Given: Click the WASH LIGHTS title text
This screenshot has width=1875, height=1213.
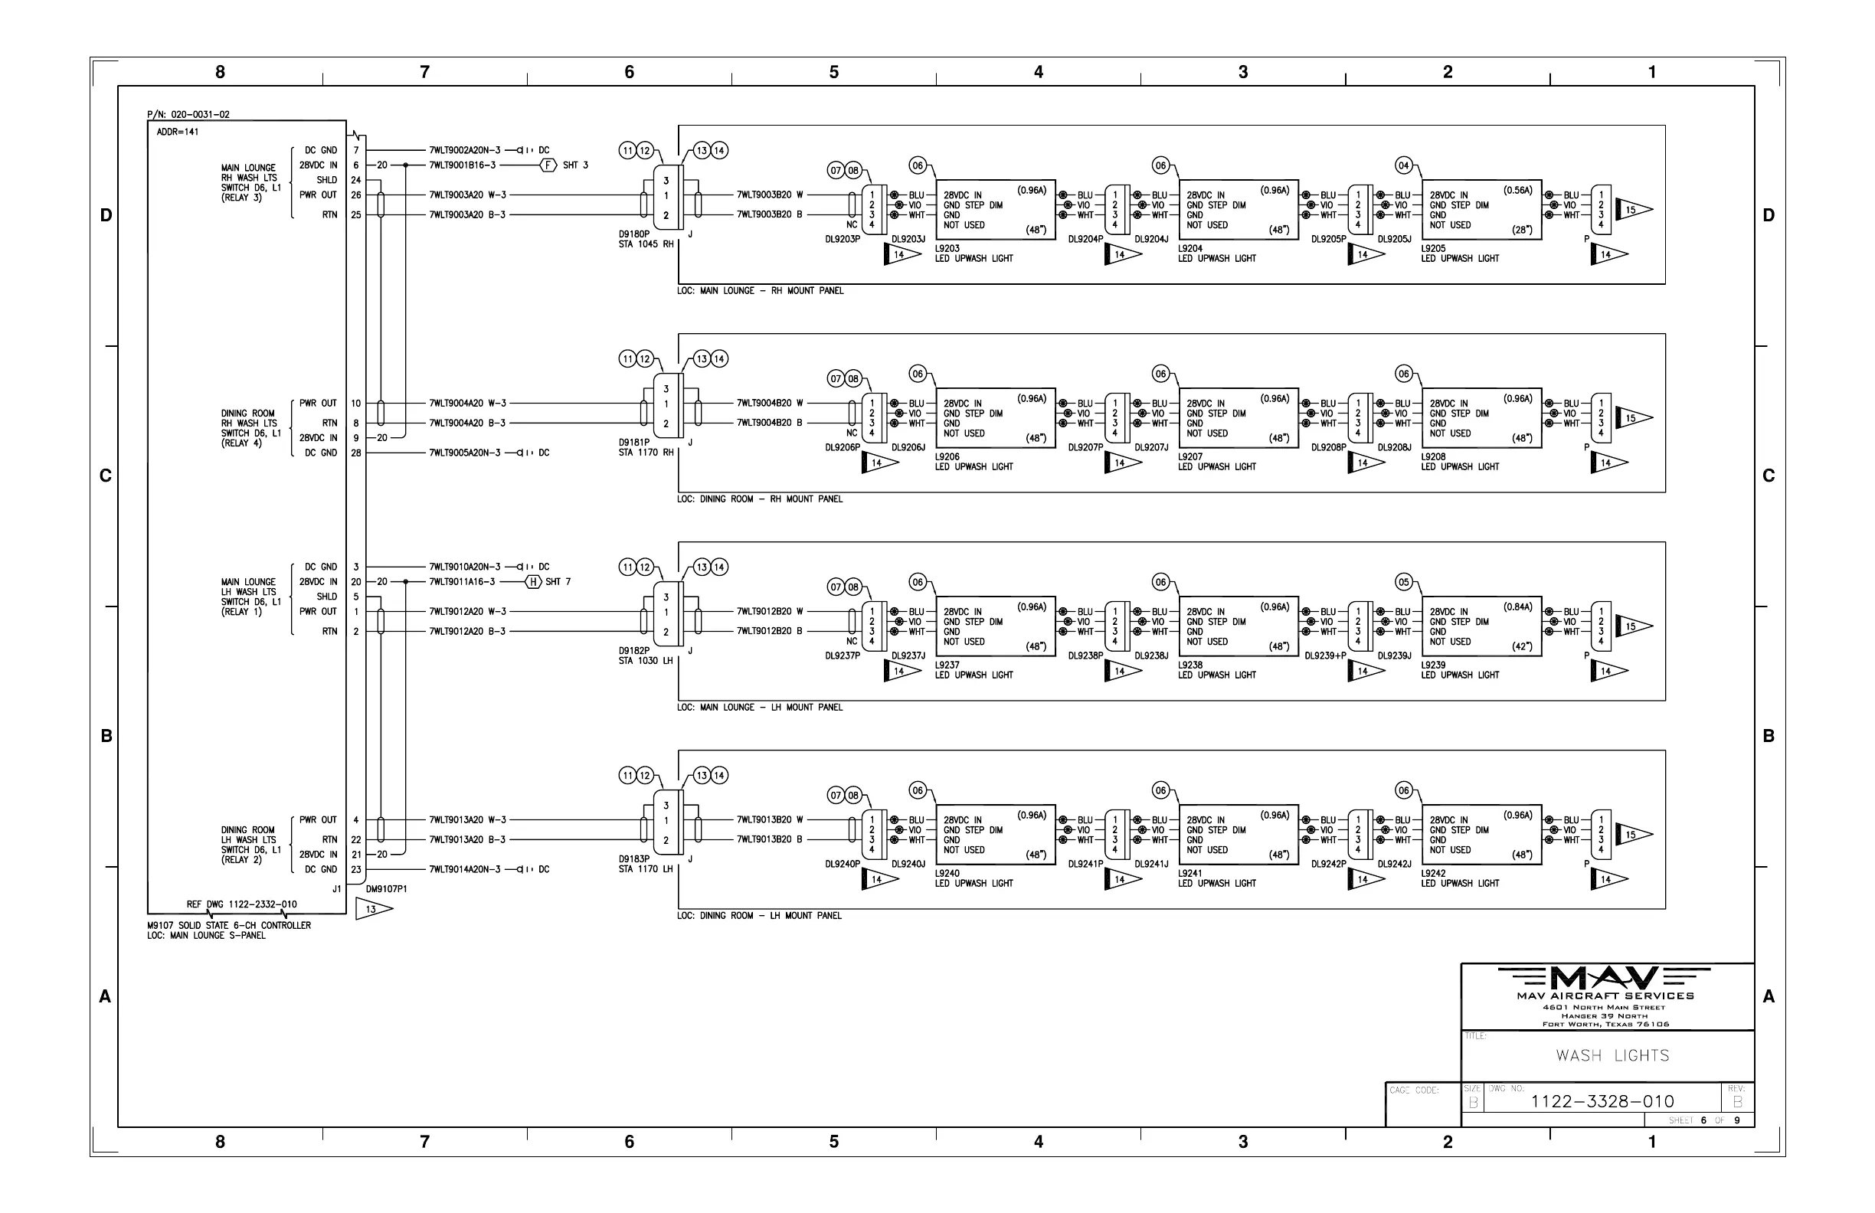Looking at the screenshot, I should [1612, 1055].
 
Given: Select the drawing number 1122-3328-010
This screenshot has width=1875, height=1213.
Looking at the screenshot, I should [1602, 1101].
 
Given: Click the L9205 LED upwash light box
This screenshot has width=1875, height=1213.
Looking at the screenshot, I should [1481, 210].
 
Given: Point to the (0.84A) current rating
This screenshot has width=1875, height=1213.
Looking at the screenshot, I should [1517, 607].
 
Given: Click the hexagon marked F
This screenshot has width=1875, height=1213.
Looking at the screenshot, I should [548, 165].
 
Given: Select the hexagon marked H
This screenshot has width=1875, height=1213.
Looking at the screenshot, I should [533, 582].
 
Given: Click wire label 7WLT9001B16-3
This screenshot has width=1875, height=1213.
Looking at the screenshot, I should [463, 165].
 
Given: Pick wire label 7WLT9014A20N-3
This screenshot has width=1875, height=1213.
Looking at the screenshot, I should [465, 870].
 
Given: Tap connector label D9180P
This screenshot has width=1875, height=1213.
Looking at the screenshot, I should [634, 234].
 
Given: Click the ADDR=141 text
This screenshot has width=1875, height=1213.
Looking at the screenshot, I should [177, 132].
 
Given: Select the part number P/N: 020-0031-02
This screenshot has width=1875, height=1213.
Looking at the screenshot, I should [188, 115].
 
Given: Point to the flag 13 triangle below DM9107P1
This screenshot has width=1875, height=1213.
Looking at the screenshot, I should [371, 910].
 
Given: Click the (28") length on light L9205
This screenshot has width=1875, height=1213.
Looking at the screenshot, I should [1521, 230].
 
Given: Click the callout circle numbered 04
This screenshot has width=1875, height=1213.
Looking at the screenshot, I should [1403, 165].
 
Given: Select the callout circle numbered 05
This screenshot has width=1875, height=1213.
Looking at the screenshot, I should [1403, 582].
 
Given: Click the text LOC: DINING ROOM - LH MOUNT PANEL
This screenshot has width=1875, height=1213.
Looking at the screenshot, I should [760, 916].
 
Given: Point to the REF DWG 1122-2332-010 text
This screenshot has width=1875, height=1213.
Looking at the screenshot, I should [241, 904].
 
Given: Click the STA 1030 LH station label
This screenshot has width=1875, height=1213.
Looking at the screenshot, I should [645, 661].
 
